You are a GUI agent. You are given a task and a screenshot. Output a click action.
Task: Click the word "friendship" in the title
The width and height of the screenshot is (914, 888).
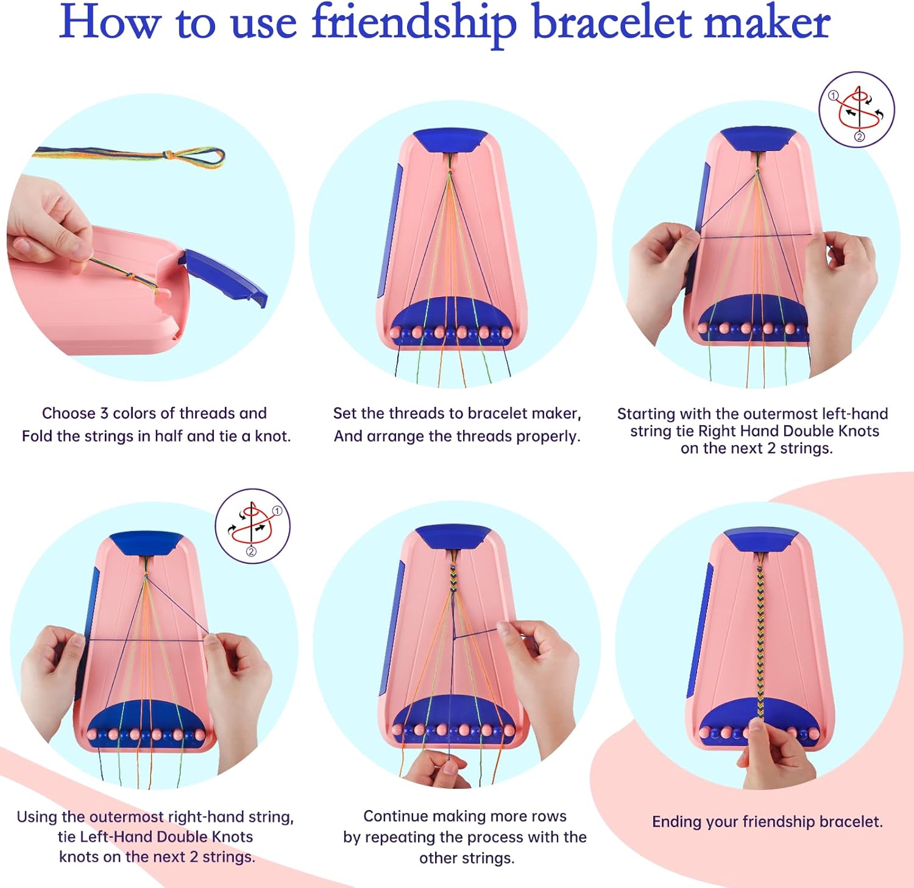(x=414, y=23)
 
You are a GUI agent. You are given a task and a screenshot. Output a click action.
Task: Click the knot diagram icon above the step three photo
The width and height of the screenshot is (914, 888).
(x=857, y=110)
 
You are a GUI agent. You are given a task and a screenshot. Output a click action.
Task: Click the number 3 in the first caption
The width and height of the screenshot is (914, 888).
(x=104, y=414)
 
